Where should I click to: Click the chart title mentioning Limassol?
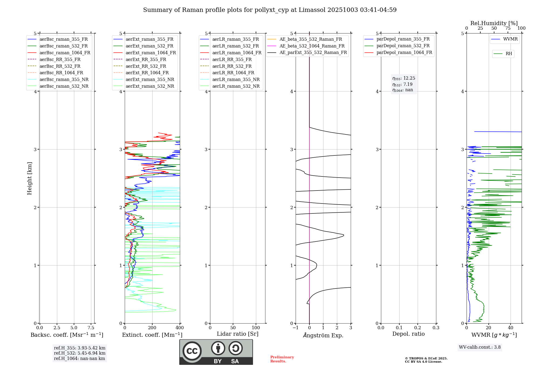pos(270,10)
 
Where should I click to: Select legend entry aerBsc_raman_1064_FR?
pos(65,53)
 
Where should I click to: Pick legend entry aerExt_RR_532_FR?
pos(146,66)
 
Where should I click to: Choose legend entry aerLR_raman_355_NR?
pos(236,80)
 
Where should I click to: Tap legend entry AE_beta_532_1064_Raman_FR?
pos(312,46)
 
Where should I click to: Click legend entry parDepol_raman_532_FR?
pos(403,46)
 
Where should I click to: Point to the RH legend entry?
pos(509,54)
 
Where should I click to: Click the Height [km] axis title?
pos(29,178)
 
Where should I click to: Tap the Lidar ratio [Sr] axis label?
pos(238,334)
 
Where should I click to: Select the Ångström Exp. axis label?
pos(323,335)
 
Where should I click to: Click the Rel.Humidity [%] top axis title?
pos(494,23)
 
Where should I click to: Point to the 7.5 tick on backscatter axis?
pos(91,328)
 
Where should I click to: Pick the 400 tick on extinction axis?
pos(180,328)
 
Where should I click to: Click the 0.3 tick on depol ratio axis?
pos(436,328)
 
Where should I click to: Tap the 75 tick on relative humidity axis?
pos(508,28)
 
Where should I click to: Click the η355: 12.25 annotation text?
pos(404,79)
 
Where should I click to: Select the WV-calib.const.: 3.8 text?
pos(480,347)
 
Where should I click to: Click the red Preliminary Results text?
pos(282,359)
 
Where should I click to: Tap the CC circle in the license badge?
pos(192,351)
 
